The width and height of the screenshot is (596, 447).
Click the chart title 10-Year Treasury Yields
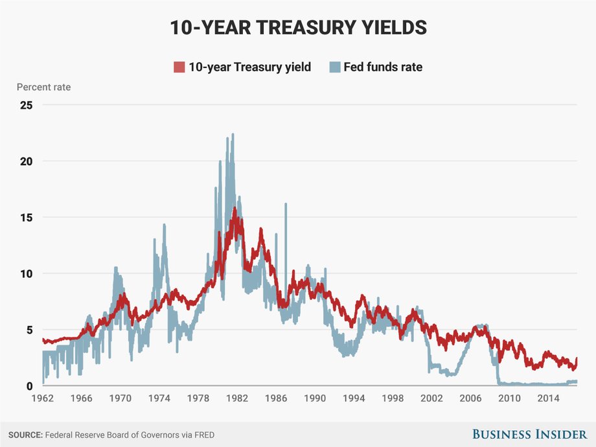(x=299, y=27)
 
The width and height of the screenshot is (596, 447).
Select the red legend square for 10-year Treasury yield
(x=179, y=67)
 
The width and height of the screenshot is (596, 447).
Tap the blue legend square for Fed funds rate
(x=335, y=67)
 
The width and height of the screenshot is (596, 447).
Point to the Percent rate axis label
(x=43, y=87)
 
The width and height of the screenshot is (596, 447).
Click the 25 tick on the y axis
(x=26, y=105)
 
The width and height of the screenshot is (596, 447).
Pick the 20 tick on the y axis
(x=26, y=161)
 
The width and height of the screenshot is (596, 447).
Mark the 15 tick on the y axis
(x=26, y=218)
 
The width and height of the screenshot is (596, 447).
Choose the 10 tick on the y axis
(x=26, y=273)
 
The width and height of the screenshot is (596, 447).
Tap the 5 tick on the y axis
(x=29, y=330)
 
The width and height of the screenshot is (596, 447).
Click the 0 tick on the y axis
(x=29, y=386)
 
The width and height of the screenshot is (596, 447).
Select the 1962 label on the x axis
(x=43, y=398)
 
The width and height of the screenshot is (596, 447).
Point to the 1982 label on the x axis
(x=237, y=398)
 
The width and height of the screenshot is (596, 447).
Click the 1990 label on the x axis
(x=315, y=398)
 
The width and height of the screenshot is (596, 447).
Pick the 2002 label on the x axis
(x=431, y=398)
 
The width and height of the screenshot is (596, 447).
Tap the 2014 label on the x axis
(x=548, y=398)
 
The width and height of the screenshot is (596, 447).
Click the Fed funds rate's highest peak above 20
(x=233, y=135)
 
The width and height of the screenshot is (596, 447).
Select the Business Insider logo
(x=530, y=434)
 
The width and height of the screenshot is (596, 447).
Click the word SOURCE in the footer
(x=25, y=435)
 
